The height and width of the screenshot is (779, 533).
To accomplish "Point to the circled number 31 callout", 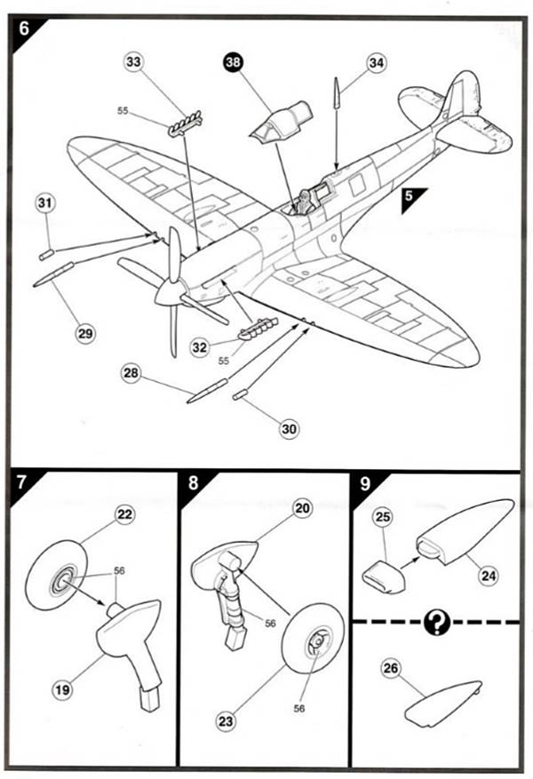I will tap(45, 202).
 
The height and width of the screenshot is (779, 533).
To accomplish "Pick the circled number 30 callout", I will tap(289, 428).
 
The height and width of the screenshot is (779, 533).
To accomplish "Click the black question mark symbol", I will tap(436, 622).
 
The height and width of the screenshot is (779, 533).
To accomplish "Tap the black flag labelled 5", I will tap(411, 200).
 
